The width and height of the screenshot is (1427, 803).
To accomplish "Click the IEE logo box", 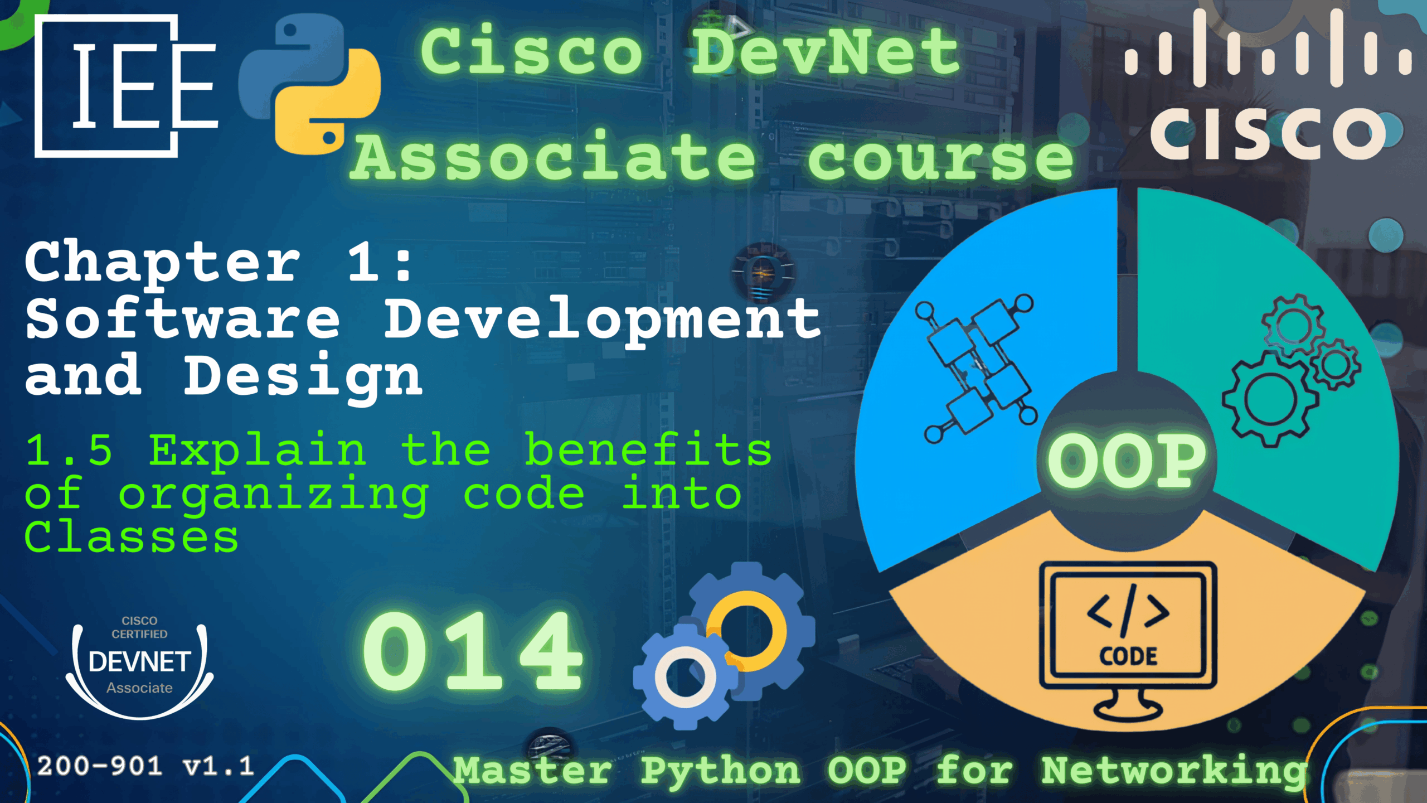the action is click(126, 86).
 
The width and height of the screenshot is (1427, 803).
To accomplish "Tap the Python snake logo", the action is click(310, 84).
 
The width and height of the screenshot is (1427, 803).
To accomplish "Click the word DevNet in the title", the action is click(826, 51).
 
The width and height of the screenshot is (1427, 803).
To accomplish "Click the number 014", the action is click(473, 650).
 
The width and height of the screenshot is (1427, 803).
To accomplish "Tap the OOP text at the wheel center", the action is click(1126, 461).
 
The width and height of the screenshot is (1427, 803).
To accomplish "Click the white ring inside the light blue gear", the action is click(686, 677).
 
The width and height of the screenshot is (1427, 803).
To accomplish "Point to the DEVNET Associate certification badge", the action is click(139, 667).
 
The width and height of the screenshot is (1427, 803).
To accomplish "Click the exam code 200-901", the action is click(100, 766).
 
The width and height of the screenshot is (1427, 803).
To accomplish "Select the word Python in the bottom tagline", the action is click(720, 772).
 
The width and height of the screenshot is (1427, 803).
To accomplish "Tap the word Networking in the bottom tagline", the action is click(1174, 772).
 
